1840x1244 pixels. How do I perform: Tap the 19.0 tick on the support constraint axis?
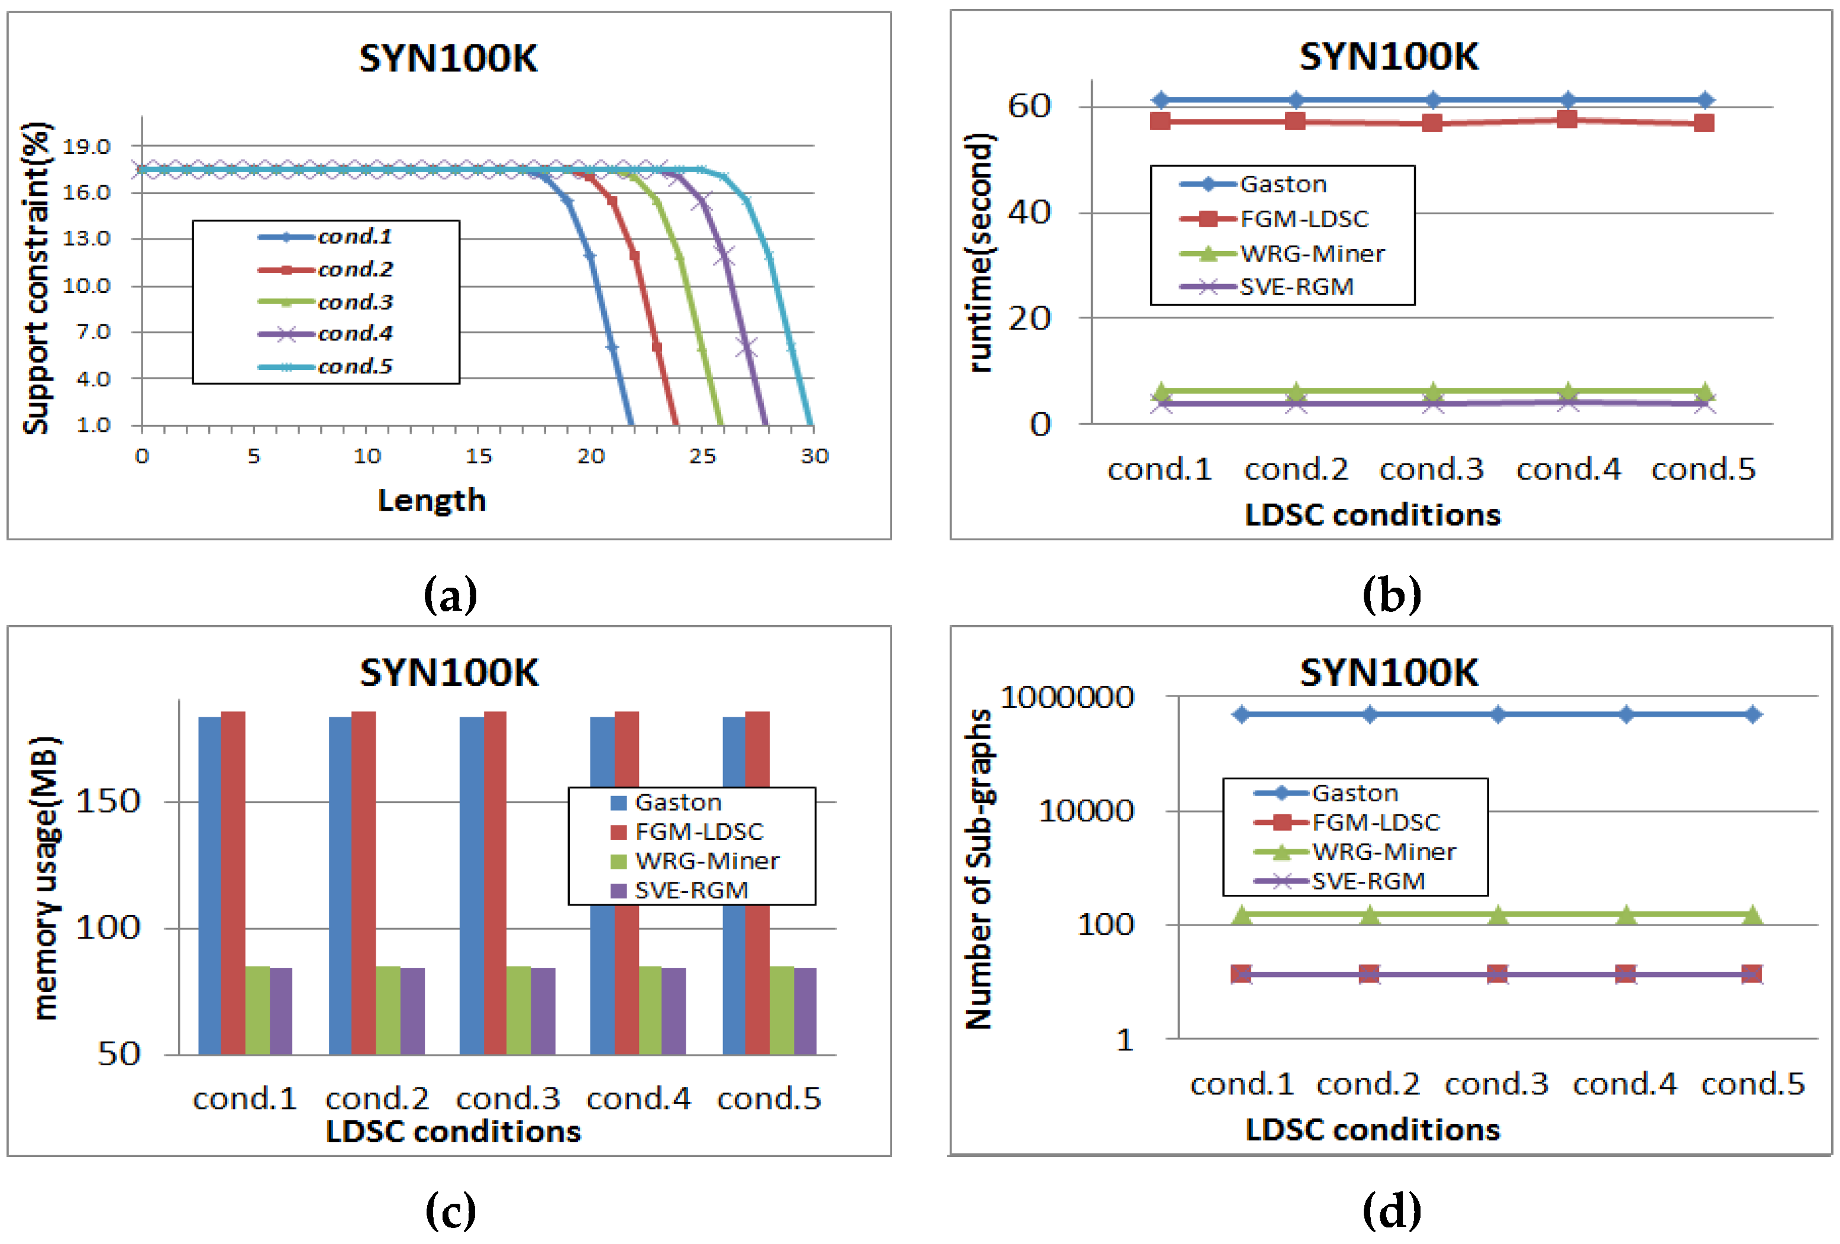coord(86,147)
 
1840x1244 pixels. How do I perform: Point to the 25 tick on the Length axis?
coord(702,456)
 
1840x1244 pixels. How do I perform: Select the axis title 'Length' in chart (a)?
coord(431,501)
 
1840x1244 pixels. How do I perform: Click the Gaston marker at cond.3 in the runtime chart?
coord(1432,101)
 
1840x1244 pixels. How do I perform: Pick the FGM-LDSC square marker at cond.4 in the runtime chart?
coord(1567,120)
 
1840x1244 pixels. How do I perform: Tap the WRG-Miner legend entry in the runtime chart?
coord(1311,253)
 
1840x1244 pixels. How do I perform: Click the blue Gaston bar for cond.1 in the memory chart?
coord(210,885)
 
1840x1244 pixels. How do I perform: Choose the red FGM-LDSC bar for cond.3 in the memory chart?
coord(495,883)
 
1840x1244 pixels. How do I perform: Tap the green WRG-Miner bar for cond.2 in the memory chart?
coord(388,1010)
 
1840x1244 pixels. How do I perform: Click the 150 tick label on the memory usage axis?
coord(108,801)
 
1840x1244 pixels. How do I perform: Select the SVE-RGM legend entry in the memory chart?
coord(690,890)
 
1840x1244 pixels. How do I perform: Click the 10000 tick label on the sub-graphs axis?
coord(1086,811)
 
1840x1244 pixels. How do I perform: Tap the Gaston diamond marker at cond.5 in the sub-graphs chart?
coord(1753,714)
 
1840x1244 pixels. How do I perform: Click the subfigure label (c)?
coord(450,1210)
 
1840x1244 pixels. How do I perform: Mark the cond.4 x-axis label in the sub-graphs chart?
coord(1625,1083)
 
